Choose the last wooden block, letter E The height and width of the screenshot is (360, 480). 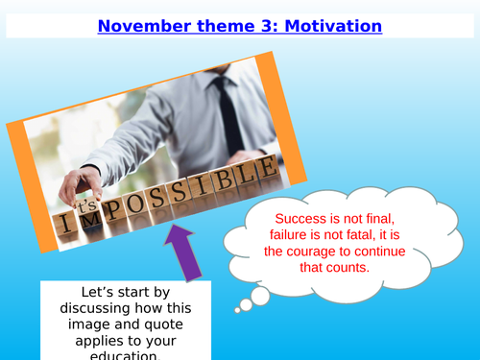(x=269, y=171)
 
